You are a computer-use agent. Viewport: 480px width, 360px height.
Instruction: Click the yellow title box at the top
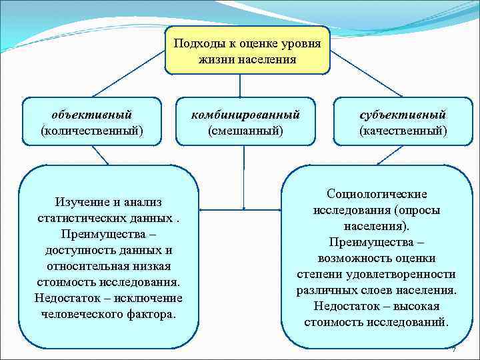point(247,51)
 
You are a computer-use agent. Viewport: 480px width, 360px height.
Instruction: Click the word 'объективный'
point(92,115)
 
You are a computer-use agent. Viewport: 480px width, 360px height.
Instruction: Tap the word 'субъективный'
point(403,115)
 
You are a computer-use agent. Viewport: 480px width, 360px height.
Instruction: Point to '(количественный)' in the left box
point(92,130)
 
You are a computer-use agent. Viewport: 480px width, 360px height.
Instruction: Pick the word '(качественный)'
point(403,130)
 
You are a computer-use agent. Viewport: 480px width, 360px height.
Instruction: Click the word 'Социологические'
point(377,193)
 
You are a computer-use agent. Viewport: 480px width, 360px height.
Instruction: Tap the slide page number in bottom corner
point(453,349)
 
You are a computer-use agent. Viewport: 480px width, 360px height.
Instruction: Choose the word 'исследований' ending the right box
point(411,322)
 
